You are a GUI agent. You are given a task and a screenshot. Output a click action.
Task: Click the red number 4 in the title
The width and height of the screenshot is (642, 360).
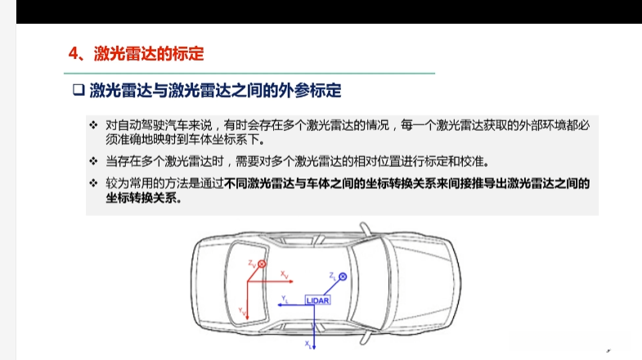point(74,54)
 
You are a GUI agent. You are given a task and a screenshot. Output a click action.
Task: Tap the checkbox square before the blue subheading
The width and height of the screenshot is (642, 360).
point(79,90)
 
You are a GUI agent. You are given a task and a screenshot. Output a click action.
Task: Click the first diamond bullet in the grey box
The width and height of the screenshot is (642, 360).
point(93,125)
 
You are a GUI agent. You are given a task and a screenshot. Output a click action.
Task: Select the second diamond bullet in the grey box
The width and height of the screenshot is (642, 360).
point(93,161)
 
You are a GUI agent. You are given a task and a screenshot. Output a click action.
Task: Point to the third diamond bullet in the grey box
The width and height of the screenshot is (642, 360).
point(93,183)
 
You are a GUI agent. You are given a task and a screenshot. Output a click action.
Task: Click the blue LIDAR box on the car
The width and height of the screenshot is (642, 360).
point(317,300)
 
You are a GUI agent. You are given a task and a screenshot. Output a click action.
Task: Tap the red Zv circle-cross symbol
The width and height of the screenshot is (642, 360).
point(262,264)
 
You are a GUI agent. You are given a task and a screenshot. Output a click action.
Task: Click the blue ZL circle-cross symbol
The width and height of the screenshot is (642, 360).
point(343,277)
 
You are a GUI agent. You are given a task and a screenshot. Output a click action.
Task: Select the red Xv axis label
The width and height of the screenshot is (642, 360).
point(284,274)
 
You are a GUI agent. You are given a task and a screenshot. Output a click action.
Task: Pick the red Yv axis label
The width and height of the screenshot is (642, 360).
point(242,312)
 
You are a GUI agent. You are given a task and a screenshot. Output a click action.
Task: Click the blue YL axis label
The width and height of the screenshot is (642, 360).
point(285,299)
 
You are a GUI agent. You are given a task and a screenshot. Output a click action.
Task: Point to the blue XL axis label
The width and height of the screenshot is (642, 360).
point(308,344)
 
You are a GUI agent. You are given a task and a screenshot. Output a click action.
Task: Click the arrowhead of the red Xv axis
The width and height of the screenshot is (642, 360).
point(291,281)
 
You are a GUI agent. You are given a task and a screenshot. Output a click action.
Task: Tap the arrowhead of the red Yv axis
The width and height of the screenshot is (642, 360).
point(247,317)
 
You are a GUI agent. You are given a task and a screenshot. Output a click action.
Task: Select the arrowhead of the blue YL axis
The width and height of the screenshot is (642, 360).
point(280,305)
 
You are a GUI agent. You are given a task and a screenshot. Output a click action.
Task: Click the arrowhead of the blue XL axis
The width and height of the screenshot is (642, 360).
point(314,347)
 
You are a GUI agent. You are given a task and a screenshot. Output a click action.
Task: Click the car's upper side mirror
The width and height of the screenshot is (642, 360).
point(366,229)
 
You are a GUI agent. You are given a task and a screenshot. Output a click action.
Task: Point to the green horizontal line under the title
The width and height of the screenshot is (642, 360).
point(249,74)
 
